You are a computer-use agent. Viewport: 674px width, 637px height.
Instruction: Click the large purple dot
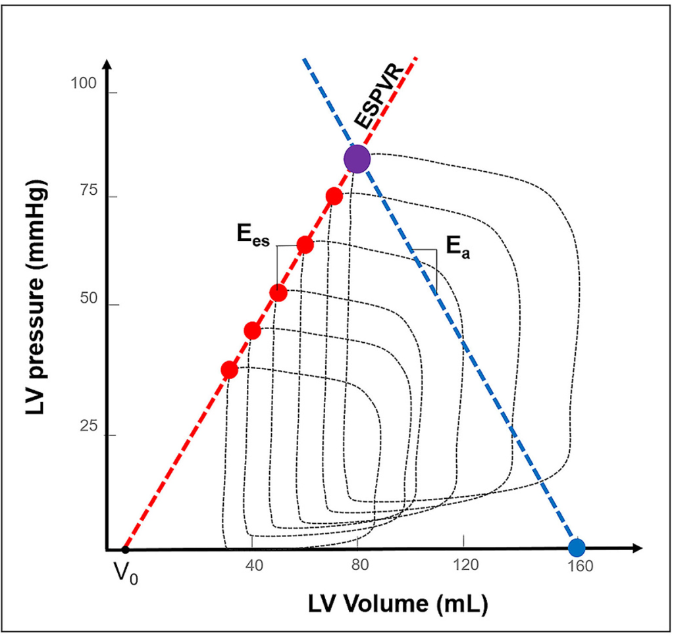pyautogui.click(x=357, y=159)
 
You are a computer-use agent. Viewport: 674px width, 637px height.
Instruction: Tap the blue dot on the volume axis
pyautogui.click(x=577, y=547)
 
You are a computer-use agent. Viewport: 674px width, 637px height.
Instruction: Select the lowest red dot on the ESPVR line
pyautogui.click(x=229, y=370)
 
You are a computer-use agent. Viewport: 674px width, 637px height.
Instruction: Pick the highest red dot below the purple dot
pyautogui.click(x=334, y=195)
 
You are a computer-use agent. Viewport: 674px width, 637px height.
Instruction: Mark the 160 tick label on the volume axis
pyautogui.click(x=578, y=567)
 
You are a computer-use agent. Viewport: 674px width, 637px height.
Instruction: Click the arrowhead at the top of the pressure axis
pyautogui.click(x=107, y=65)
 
